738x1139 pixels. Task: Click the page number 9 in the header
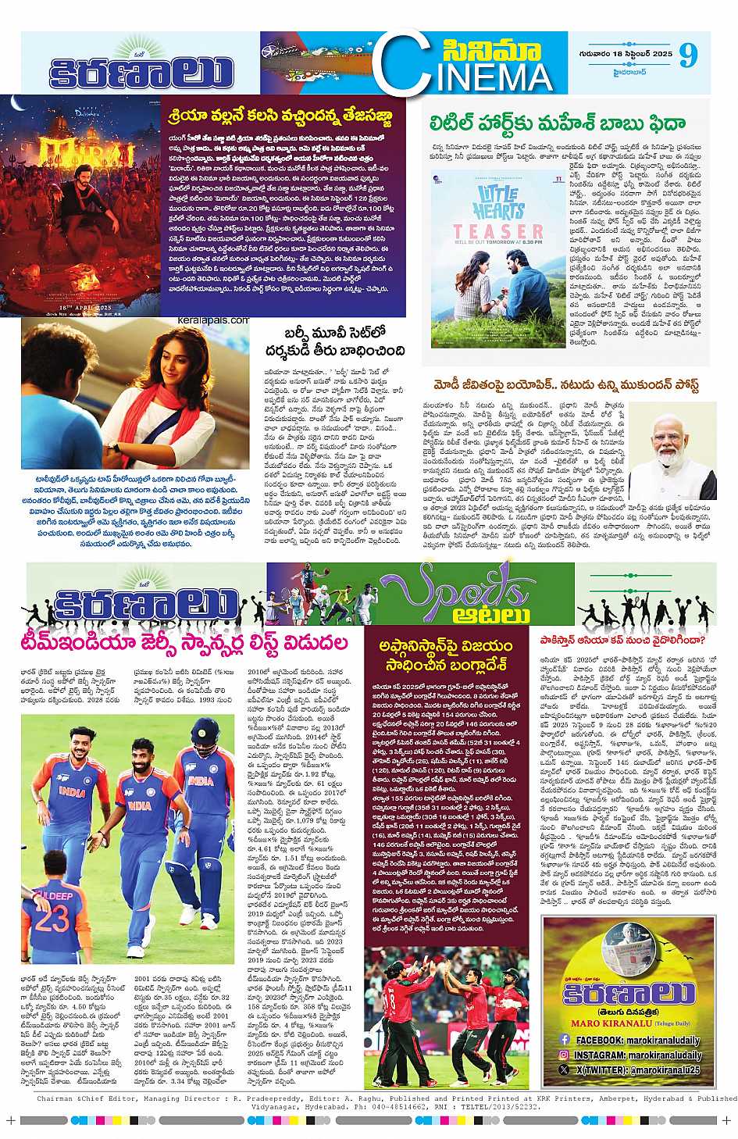686,55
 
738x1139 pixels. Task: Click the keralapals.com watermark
218,320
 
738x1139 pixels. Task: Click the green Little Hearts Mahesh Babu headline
558,123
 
